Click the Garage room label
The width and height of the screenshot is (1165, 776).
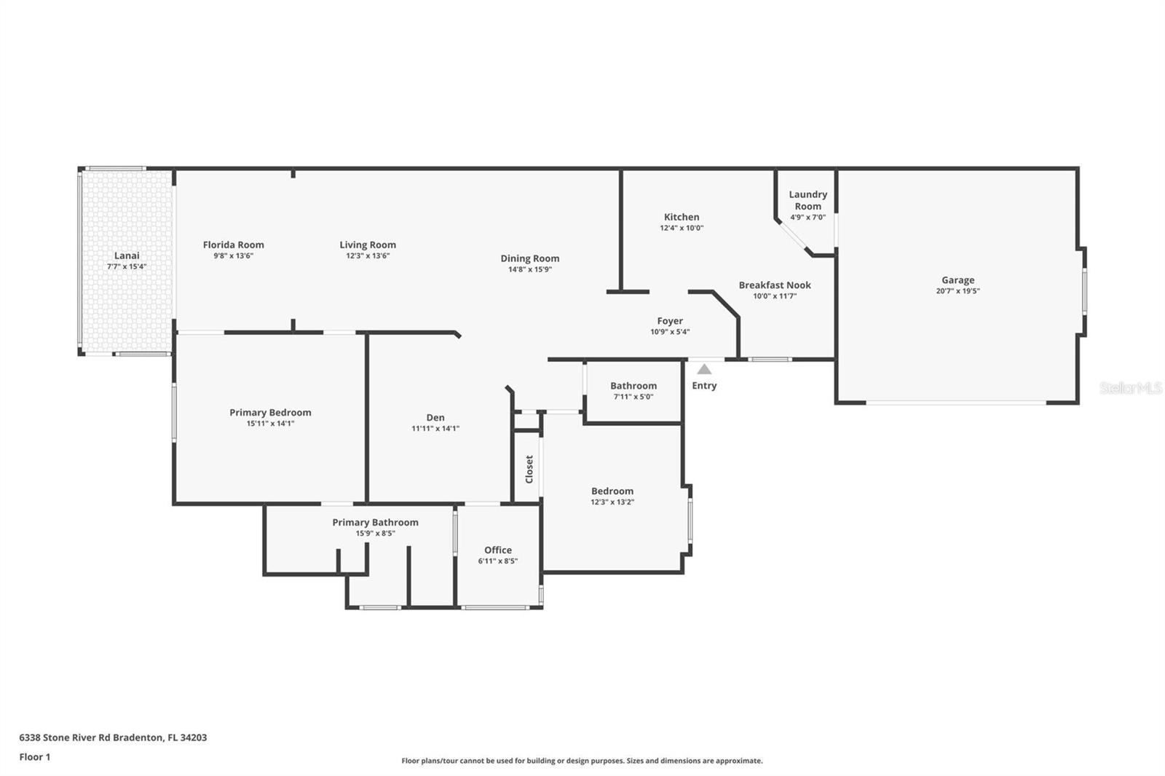[957, 280]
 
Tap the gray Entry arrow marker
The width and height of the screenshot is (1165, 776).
[704, 369]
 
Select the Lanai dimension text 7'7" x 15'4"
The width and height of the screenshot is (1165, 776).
[127, 266]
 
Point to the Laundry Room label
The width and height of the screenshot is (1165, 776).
[807, 199]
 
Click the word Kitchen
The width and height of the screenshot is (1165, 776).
[682, 217]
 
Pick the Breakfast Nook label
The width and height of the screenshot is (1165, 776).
[775, 285]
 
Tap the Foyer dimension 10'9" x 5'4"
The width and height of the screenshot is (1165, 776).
[670, 332]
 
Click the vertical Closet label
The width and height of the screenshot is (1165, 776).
[529, 469]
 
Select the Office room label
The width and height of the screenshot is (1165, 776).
[498, 550]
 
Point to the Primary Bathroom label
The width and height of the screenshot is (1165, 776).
[375, 522]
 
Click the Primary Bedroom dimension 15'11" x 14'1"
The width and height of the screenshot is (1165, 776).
[270, 423]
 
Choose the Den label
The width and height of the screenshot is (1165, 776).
[435, 417]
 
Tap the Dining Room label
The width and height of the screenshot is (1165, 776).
[529, 258]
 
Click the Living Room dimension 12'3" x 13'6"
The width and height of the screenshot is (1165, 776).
[368, 256]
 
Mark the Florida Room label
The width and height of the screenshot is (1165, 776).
[233, 245]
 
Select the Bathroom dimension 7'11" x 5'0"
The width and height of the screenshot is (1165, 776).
[633, 397]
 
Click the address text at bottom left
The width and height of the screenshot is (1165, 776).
[113, 737]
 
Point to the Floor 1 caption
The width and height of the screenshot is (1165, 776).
[35, 757]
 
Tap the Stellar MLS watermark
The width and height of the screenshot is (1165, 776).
[1130, 388]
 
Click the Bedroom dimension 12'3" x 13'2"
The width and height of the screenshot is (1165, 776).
[612, 502]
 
